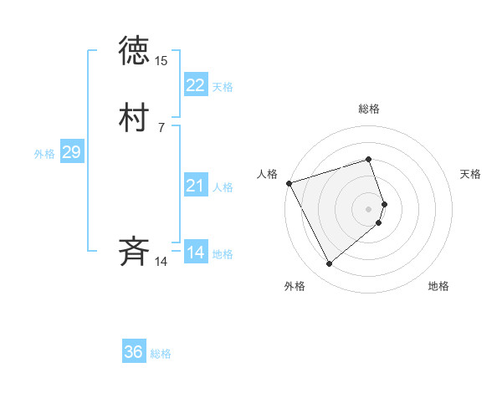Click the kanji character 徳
point(135,51)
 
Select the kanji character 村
point(135,117)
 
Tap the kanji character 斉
point(135,251)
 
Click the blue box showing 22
point(195,85)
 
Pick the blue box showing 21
point(195,186)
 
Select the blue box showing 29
point(71,152)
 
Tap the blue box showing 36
point(134,352)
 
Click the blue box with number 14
point(195,253)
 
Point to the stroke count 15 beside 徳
point(161,61)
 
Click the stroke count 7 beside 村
point(161,128)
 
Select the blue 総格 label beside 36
point(161,354)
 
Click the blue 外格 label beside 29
point(44,154)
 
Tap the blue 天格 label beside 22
point(223,87)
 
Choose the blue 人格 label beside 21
point(223,187)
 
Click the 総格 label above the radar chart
point(369,109)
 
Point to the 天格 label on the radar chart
point(470,174)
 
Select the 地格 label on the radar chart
point(438,286)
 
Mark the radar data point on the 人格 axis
point(289,182)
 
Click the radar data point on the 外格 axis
point(329,264)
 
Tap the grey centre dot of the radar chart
point(369,208)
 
